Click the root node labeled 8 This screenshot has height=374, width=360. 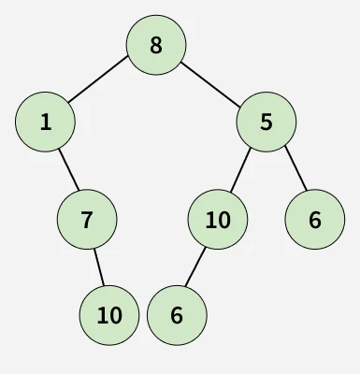point(156,44)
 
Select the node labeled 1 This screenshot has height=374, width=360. point(45,121)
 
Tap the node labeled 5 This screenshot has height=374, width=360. point(266,121)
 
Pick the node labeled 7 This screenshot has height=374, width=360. point(87,220)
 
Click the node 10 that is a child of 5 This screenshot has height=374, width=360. point(217,220)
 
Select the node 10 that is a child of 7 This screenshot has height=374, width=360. point(109,315)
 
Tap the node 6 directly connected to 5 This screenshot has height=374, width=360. point(314,220)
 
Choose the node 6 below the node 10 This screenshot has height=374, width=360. point(177,315)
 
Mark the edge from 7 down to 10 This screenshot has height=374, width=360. point(98,267)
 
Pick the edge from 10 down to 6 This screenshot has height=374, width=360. point(196,267)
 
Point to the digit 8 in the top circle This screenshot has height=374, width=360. point(156,44)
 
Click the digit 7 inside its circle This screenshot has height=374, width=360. point(87,220)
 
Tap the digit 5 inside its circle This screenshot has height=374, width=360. point(266,121)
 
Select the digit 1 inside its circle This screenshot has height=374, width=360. point(45,121)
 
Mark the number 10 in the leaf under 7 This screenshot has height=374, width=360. point(109,315)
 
